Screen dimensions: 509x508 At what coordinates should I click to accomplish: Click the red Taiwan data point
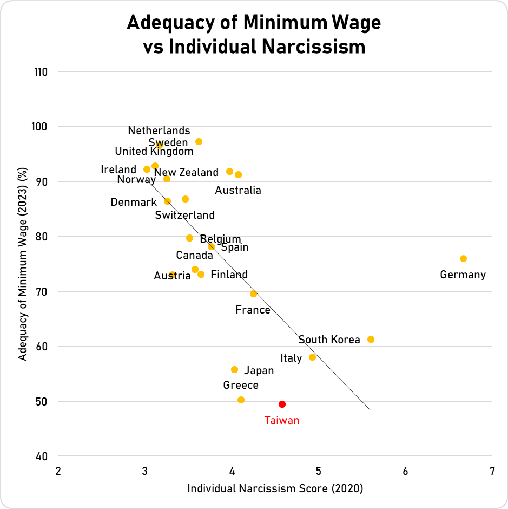282,404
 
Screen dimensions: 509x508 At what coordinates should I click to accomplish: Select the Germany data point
463,258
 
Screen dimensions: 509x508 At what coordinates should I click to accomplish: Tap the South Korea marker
371,339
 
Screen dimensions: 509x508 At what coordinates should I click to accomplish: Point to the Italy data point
312,357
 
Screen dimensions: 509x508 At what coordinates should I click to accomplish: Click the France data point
253,293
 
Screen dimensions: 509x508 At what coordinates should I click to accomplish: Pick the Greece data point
241,400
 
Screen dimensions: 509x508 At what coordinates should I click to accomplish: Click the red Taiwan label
281,420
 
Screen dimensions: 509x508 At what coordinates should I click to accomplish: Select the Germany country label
463,275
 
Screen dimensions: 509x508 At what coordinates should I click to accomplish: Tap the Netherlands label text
159,130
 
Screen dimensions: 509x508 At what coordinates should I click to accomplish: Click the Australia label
238,190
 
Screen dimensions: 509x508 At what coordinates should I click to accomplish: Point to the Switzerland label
184,215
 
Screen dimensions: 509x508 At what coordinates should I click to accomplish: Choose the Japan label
259,370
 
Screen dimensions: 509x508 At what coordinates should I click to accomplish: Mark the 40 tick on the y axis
42,456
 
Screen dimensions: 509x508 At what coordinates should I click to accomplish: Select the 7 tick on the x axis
492,471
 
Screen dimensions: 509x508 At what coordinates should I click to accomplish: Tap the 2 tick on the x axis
58,471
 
